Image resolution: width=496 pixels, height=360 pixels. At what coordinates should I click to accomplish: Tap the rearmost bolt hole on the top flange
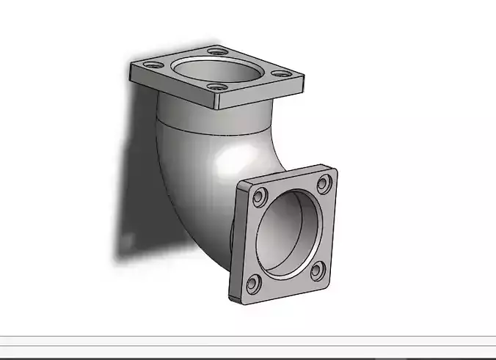(x=214, y=51)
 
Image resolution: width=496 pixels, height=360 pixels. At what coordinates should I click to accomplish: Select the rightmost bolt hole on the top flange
(x=279, y=73)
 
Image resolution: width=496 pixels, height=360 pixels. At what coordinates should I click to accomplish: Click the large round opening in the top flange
(x=217, y=71)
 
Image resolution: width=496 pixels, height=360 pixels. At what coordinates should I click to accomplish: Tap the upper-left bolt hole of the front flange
(x=259, y=196)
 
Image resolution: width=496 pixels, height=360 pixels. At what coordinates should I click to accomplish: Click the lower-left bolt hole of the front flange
(x=252, y=282)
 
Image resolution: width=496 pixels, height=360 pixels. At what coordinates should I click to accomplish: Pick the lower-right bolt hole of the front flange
(x=317, y=271)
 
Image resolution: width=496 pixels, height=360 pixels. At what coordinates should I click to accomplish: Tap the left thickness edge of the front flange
(x=235, y=242)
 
